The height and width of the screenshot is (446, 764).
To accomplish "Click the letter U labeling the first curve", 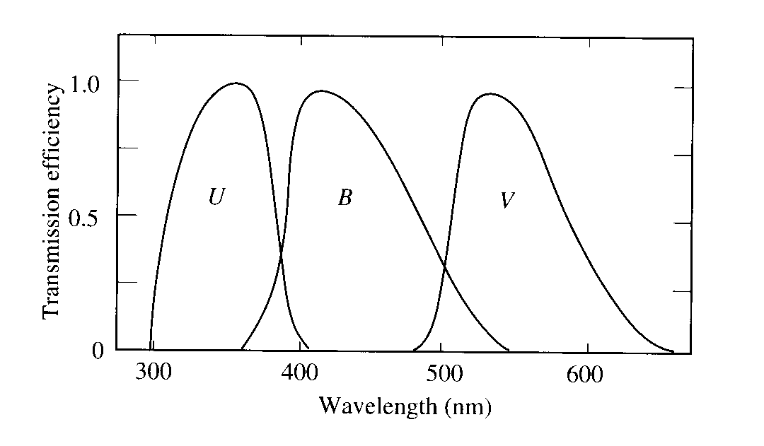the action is pos(216,196).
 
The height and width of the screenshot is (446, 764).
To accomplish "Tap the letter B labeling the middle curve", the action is pos(345,197).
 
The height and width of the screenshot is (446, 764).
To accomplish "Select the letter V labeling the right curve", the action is pos(507,199).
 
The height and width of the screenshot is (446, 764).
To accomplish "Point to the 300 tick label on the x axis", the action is pos(154,372).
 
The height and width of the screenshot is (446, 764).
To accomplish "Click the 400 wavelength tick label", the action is pos(300,372).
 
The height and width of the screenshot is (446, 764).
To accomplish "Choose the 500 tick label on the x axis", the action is pos(444,373).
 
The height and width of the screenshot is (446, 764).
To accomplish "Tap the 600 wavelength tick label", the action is pos(584,375).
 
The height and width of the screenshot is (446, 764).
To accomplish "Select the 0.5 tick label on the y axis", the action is pos(83,218).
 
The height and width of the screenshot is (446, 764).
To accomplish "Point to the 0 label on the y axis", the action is pos(98,351).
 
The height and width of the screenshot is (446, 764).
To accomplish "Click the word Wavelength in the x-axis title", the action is pos(378,406).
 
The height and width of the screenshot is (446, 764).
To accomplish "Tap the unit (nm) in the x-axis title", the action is pos(468,407).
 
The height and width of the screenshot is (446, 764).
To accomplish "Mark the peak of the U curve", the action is pos(236,83).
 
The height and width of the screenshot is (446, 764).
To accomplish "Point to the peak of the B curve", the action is pos(321,91).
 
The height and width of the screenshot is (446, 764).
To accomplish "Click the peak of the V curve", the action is pos(490,94).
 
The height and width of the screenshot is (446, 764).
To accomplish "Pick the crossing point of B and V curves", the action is pos(444,265).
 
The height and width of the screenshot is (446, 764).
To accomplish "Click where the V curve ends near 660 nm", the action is pos(673,351).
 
